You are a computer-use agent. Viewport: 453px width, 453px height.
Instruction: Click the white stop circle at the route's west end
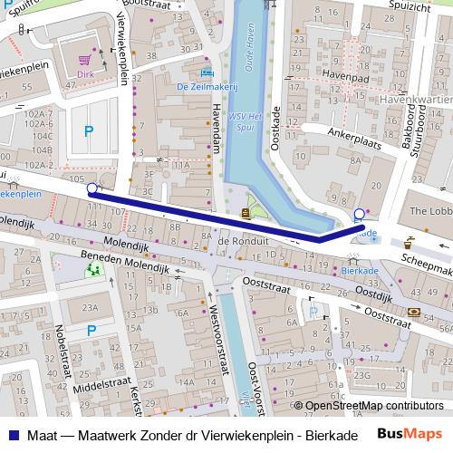pos(92,189)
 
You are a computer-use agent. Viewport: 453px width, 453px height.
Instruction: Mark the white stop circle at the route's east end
pos(360,215)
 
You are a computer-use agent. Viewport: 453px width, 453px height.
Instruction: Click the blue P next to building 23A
pos(92,332)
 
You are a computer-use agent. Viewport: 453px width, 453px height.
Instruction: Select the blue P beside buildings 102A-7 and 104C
pos(88,131)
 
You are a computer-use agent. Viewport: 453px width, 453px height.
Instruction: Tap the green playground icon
pos(93,269)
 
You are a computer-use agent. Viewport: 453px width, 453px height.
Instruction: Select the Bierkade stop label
pos(362,270)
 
